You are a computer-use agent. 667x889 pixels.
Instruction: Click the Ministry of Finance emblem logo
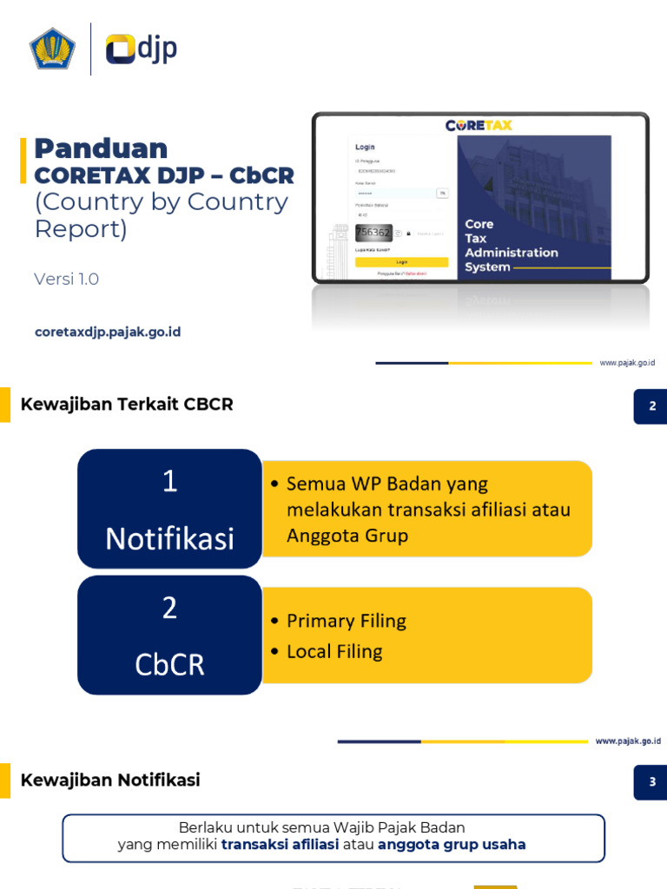[53, 49]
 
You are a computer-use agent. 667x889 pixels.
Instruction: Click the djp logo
[142, 49]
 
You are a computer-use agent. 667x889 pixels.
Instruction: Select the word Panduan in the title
[101, 148]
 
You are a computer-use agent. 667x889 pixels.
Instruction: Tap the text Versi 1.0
[67, 279]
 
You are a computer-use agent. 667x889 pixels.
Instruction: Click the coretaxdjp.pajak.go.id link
[108, 332]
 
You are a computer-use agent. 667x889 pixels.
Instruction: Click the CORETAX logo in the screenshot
[479, 125]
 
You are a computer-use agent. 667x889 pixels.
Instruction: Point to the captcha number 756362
[373, 233]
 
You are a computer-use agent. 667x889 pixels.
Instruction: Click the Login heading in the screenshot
[365, 147]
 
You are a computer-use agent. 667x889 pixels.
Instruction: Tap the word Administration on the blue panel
[511, 253]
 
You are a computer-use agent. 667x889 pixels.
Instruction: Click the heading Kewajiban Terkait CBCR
[127, 404]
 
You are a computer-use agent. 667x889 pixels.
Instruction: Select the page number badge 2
[650, 405]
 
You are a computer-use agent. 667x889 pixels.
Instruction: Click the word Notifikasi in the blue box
[169, 539]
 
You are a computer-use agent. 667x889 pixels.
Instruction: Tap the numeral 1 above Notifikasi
[169, 482]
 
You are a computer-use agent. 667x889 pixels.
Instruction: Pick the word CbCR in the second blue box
[169, 664]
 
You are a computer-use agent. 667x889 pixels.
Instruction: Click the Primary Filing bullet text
[346, 621]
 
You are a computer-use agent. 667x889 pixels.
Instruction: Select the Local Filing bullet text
[334, 651]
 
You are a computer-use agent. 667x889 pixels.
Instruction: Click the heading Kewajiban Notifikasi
[110, 780]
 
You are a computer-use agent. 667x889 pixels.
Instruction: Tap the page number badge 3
[650, 782]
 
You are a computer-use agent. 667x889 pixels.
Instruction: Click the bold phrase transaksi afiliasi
[280, 844]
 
